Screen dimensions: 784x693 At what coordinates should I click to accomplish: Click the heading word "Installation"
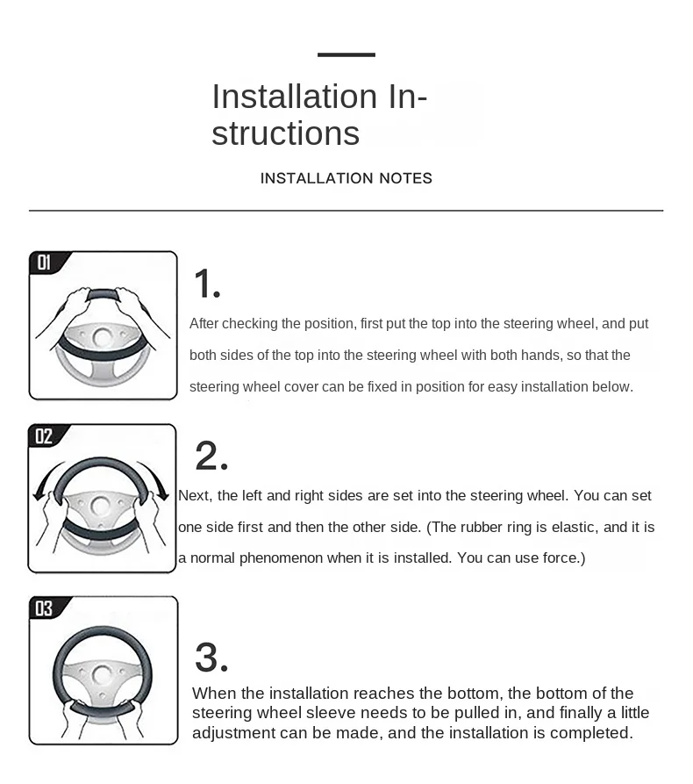point(294,96)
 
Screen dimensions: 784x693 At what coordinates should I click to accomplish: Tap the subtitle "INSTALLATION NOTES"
point(346,178)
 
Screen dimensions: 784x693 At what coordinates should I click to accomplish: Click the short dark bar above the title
point(346,54)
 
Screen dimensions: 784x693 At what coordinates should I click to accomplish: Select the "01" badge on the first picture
point(44,263)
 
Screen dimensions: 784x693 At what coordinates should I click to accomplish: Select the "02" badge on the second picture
point(44,436)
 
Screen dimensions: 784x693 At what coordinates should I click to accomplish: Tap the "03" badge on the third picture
point(44,608)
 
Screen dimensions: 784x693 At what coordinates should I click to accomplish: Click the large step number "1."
point(207,285)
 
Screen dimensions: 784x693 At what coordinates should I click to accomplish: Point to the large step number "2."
point(211,457)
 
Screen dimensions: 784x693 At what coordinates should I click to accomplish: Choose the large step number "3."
point(211,658)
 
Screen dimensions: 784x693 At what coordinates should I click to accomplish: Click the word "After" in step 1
point(204,324)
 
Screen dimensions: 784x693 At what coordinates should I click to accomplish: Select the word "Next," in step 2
point(194,496)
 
